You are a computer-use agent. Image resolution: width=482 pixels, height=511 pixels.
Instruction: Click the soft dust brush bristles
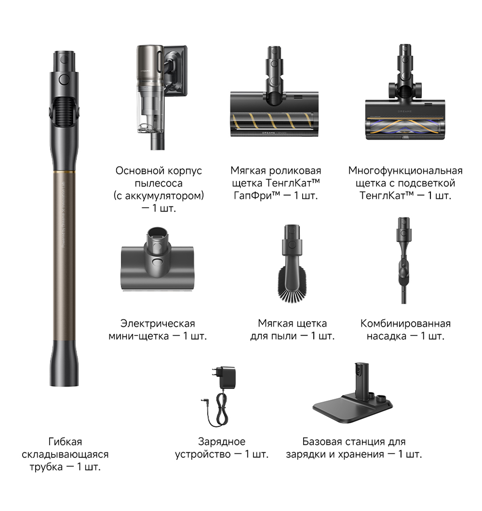[x=292, y=285]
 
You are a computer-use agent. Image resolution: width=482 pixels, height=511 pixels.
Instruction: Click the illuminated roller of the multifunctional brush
[x=405, y=127]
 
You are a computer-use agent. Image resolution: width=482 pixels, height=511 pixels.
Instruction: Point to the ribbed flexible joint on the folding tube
[x=64, y=111]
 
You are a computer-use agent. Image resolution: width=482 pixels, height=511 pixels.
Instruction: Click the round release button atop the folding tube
[x=64, y=79]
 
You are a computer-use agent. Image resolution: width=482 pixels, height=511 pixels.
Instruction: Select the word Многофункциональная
[x=405, y=171]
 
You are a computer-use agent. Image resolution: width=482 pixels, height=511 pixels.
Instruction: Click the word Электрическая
[x=158, y=323]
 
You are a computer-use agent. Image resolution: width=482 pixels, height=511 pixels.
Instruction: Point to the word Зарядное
[x=222, y=442]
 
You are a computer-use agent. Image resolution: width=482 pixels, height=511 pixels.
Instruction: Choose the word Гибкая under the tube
[x=65, y=442]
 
